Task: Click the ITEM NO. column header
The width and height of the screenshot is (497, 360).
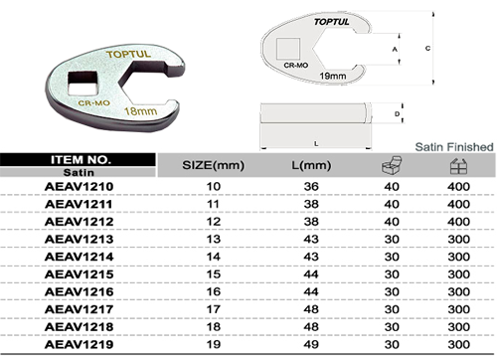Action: tap(80, 160)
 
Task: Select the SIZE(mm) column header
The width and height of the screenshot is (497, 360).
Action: tap(214, 165)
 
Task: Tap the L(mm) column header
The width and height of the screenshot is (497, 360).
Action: tap(311, 165)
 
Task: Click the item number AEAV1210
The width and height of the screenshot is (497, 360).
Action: tap(79, 186)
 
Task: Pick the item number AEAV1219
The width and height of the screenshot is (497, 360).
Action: tap(79, 344)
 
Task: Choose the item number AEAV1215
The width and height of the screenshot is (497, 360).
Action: tap(79, 274)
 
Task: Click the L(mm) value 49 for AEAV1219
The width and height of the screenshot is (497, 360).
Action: tap(311, 344)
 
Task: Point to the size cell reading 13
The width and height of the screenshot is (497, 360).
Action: tap(214, 239)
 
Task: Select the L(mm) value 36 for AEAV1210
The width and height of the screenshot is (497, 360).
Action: tap(311, 186)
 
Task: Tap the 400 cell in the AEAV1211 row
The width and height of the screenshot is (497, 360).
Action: tap(458, 204)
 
